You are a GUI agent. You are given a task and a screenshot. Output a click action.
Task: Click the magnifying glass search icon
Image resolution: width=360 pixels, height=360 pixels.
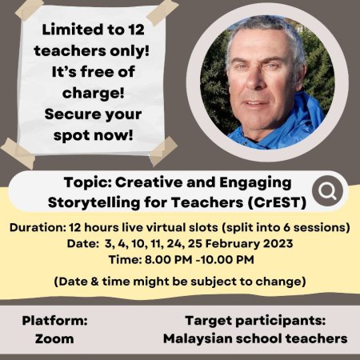[x=327, y=191]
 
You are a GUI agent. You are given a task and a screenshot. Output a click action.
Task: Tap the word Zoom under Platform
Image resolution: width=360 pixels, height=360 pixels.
[x=54, y=338]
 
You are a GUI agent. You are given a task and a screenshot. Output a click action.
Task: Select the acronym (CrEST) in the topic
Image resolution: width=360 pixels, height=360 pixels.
[x=277, y=202]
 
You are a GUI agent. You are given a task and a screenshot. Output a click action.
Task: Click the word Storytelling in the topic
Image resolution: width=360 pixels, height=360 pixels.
[x=94, y=203]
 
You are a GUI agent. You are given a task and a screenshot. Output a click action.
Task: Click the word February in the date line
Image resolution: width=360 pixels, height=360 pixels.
[x=232, y=244]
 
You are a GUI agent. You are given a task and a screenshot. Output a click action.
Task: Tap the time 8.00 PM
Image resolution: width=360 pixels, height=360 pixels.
[x=168, y=260]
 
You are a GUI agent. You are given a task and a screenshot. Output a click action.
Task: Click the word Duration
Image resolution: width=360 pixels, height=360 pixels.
[x=38, y=228]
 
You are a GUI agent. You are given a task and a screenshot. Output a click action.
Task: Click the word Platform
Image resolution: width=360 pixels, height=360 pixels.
[x=54, y=320]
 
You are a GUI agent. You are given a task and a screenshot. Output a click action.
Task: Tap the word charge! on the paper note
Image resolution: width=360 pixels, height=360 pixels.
[x=93, y=94]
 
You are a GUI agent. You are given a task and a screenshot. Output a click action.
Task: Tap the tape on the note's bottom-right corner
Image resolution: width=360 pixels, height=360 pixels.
[x=163, y=151]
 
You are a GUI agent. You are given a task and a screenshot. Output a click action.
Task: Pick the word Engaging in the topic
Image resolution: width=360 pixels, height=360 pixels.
[x=255, y=183]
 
